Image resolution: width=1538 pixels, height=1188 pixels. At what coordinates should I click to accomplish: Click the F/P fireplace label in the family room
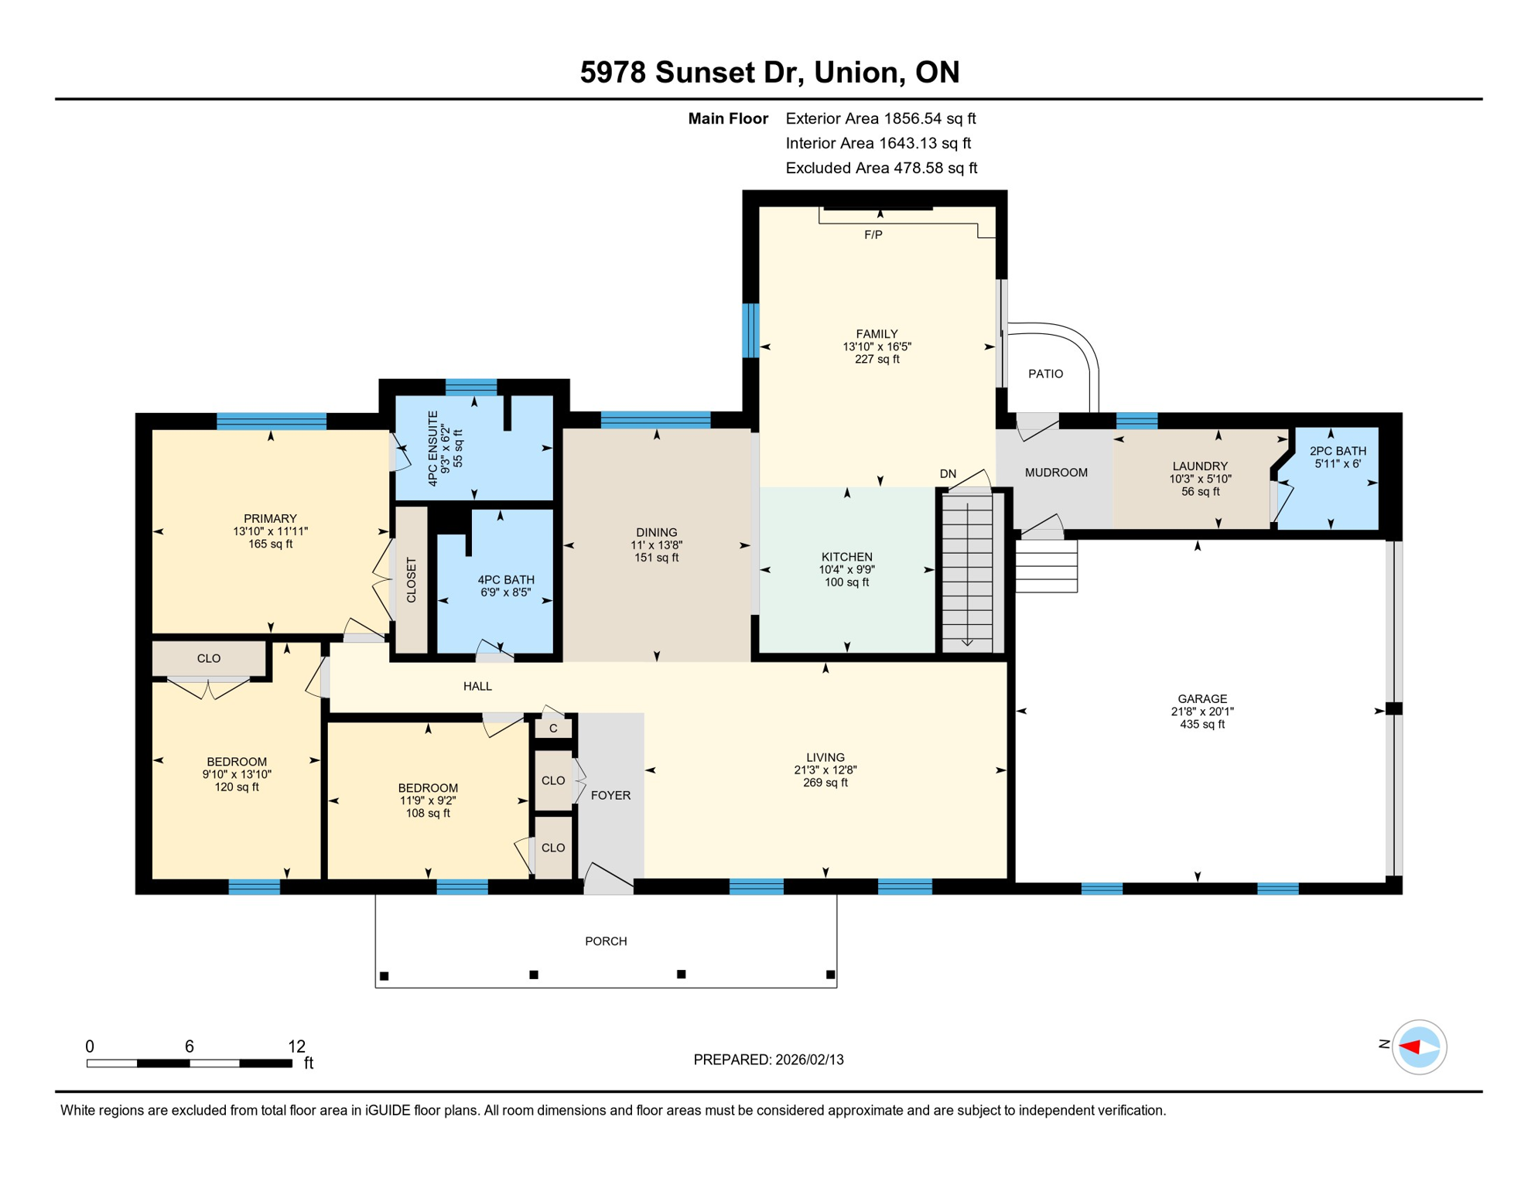[x=873, y=234]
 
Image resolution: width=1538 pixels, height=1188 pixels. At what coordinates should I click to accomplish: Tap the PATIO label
[x=1045, y=374]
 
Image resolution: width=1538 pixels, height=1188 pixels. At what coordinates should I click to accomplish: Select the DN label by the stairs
[x=948, y=473]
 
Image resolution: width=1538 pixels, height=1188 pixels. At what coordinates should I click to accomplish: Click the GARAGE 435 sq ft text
[x=1202, y=724]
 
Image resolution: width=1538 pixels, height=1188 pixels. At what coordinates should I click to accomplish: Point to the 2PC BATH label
[x=1338, y=451]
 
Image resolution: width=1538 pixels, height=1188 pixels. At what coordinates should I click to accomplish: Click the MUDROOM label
[x=1056, y=473]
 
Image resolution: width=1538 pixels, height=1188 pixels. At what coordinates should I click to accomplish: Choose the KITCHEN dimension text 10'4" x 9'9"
[x=847, y=569]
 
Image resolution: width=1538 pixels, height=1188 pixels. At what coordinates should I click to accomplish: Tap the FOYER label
[x=610, y=795]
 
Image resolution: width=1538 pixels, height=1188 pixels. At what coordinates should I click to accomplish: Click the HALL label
[x=477, y=686]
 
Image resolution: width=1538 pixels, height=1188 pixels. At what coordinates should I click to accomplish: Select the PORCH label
[x=606, y=941]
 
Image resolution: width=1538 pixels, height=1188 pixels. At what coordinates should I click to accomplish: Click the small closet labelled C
[x=553, y=729]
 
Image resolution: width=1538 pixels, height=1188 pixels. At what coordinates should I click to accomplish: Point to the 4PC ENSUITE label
[x=432, y=449]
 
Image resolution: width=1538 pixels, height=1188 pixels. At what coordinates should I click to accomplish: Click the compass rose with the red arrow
[x=1419, y=1047]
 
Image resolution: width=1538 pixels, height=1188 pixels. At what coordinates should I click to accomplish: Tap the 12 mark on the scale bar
[x=296, y=1046]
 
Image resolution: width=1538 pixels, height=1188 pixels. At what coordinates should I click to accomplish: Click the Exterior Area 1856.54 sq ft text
[x=880, y=118]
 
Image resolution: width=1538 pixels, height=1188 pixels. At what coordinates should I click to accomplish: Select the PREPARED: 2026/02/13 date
[x=768, y=1060]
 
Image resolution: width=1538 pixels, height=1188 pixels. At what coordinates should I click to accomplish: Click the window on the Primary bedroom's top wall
[x=271, y=421]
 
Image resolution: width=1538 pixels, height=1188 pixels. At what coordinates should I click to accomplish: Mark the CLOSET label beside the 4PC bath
[x=411, y=580]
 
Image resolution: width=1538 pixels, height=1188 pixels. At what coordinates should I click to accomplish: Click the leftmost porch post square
[x=384, y=976]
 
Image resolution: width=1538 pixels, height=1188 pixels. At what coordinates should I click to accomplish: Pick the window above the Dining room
[x=655, y=420]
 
